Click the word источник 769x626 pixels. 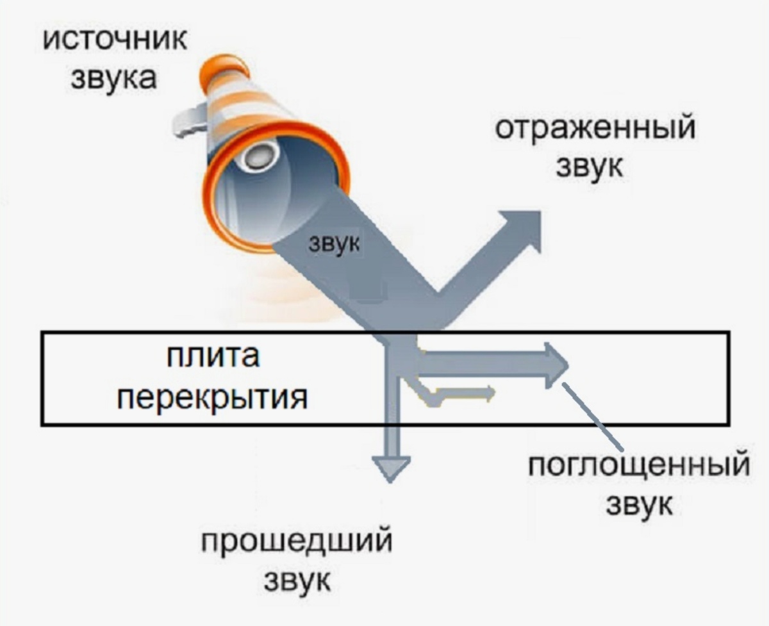[x=115, y=39]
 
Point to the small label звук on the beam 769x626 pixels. [x=335, y=243]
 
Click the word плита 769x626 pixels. [x=213, y=356]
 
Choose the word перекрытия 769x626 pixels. [x=214, y=397]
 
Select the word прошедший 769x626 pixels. [x=297, y=543]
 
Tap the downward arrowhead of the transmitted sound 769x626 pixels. [x=391, y=466]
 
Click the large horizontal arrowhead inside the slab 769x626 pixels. [x=555, y=366]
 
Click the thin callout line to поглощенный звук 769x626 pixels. [x=593, y=416]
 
